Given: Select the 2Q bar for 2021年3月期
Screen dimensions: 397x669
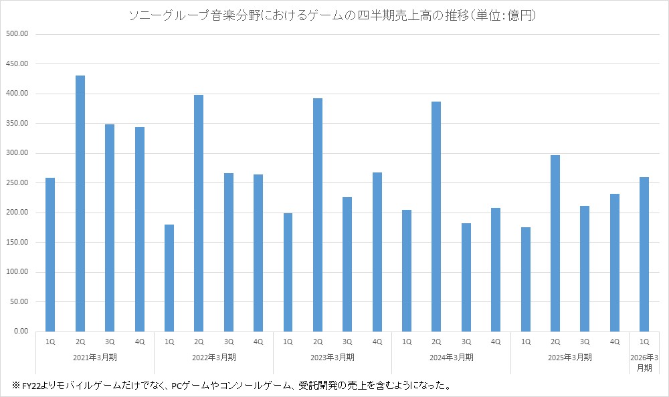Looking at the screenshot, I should [x=80, y=203].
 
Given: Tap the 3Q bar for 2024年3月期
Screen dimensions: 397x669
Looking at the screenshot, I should [x=466, y=277].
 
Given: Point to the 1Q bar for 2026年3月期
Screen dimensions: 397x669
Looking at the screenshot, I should [x=644, y=254].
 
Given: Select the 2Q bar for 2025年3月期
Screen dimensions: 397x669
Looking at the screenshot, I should [x=555, y=243].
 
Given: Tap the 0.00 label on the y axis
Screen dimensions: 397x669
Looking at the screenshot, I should [x=19, y=332].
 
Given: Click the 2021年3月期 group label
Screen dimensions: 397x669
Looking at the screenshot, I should [x=95, y=358].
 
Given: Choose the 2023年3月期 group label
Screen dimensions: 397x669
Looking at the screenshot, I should [x=332, y=358].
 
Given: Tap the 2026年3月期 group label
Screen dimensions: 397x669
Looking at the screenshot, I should [x=644, y=363].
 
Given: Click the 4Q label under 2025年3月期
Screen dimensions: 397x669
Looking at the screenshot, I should [x=614, y=342].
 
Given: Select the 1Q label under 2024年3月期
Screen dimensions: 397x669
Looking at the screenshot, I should [x=407, y=342].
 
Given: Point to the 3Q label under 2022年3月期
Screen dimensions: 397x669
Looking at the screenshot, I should [x=229, y=342].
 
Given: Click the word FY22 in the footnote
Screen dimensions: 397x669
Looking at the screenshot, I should [x=30, y=386].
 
